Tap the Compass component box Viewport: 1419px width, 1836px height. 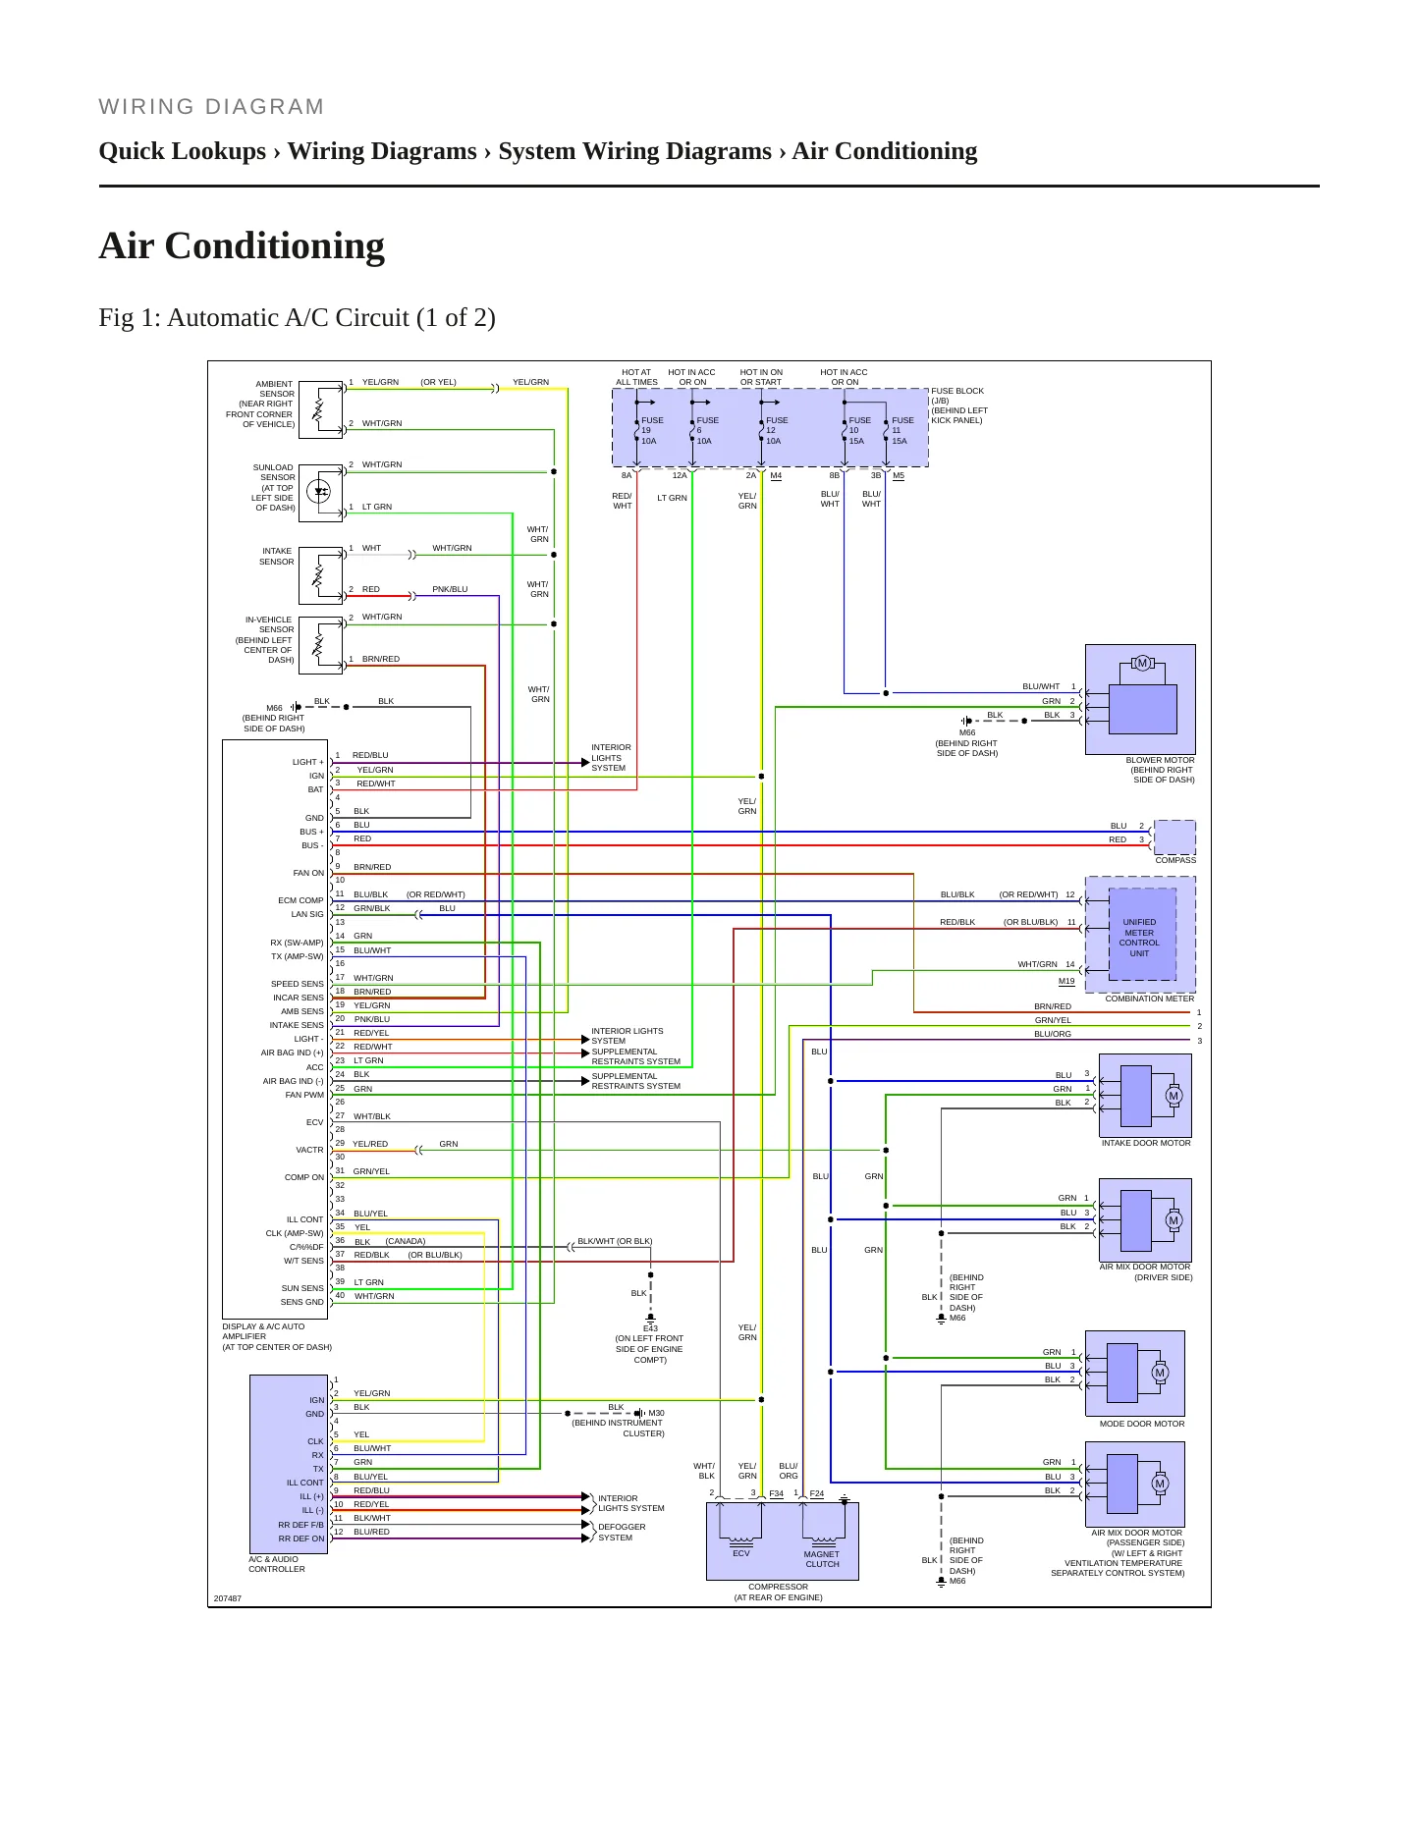1174,837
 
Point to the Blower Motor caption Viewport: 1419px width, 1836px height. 1160,770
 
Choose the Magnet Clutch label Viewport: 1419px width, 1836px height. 822,1559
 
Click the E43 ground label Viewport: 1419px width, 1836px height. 650,1328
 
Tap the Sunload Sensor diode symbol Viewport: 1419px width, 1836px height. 319,491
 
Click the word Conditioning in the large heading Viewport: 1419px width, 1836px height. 275,245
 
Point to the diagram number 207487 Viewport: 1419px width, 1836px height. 227,1598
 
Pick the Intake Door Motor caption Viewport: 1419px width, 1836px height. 1146,1143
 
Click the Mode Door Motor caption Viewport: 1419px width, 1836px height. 1142,1424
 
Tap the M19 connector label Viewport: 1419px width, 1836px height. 1066,981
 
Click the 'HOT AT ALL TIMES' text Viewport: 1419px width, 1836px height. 636,377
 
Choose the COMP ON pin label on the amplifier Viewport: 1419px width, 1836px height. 303,1177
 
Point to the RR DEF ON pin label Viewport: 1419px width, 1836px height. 300,1539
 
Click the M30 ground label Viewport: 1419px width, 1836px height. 656,1413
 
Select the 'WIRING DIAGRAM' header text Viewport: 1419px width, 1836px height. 211,107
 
